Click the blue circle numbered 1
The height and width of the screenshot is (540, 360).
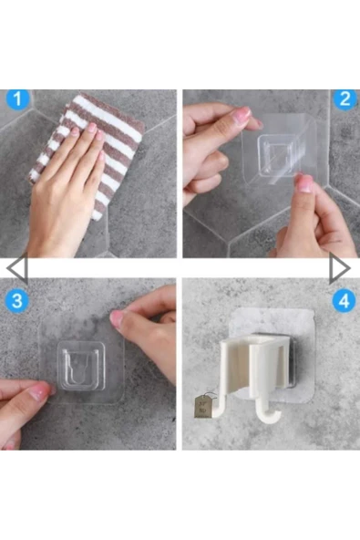pos(17,99)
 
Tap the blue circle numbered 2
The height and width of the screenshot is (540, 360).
pos(345,99)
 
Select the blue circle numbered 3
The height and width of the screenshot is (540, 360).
pos(16,300)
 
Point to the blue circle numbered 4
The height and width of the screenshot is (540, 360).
pos(344,301)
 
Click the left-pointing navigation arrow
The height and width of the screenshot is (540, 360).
pos(17,268)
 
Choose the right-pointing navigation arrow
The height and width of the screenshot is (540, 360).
pos(340,268)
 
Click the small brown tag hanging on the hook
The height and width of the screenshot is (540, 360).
pos(201,406)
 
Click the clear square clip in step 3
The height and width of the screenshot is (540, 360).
pos(82,366)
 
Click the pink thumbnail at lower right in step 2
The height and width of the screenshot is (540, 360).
pos(304,183)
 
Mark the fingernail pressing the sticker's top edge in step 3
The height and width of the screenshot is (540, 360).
pos(117,317)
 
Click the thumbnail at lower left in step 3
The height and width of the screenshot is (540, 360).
pos(40,392)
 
